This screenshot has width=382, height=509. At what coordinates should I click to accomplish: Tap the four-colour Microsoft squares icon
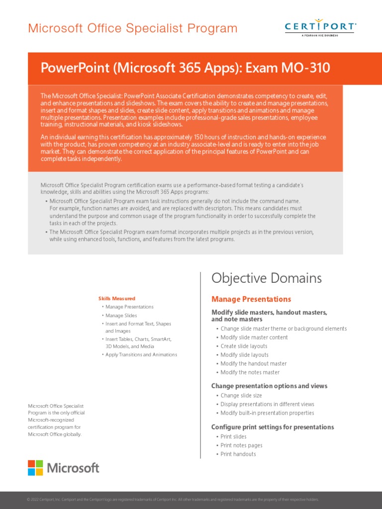point(35,468)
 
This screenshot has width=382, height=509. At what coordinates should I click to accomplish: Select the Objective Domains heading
point(267,278)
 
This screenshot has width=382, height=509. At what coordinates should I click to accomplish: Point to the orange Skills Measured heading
point(117,298)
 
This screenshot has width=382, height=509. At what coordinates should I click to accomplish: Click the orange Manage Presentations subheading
point(251,299)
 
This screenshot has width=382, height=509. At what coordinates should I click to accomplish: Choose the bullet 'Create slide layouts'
point(244,346)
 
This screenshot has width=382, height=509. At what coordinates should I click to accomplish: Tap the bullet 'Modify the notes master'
point(250,372)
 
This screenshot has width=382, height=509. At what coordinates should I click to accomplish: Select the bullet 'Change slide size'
point(241,396)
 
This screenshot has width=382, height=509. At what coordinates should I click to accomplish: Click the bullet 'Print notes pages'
point(241,445)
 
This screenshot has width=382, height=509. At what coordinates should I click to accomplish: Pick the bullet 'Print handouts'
point(238,454)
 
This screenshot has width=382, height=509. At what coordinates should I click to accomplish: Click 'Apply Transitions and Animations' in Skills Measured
point(141,354)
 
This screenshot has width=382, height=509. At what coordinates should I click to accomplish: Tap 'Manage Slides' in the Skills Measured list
point(121,315)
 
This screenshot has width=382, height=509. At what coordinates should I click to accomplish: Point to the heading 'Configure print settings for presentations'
point(273,427)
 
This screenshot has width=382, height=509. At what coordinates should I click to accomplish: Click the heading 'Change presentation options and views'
point(269,386)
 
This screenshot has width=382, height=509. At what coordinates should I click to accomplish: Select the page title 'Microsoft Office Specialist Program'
point(133,28)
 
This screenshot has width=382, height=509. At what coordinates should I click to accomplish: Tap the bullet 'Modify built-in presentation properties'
point(267,413)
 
